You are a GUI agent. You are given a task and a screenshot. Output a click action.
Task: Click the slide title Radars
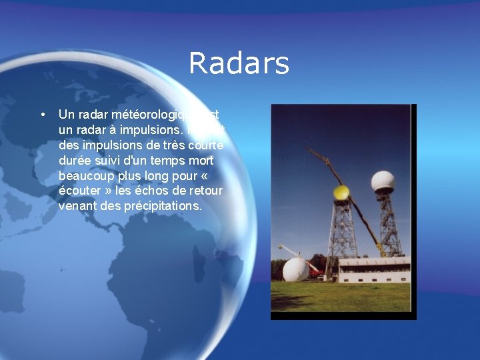[239, 64]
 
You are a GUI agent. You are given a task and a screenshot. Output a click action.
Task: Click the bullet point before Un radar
[43, 115]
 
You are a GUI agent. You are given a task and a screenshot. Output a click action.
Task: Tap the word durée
[75, 160]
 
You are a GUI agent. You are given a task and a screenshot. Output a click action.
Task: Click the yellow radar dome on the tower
[341, 193]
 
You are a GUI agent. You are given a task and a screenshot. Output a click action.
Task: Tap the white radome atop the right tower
[383, 182]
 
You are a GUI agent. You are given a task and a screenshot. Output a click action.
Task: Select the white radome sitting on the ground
[295, 269]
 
